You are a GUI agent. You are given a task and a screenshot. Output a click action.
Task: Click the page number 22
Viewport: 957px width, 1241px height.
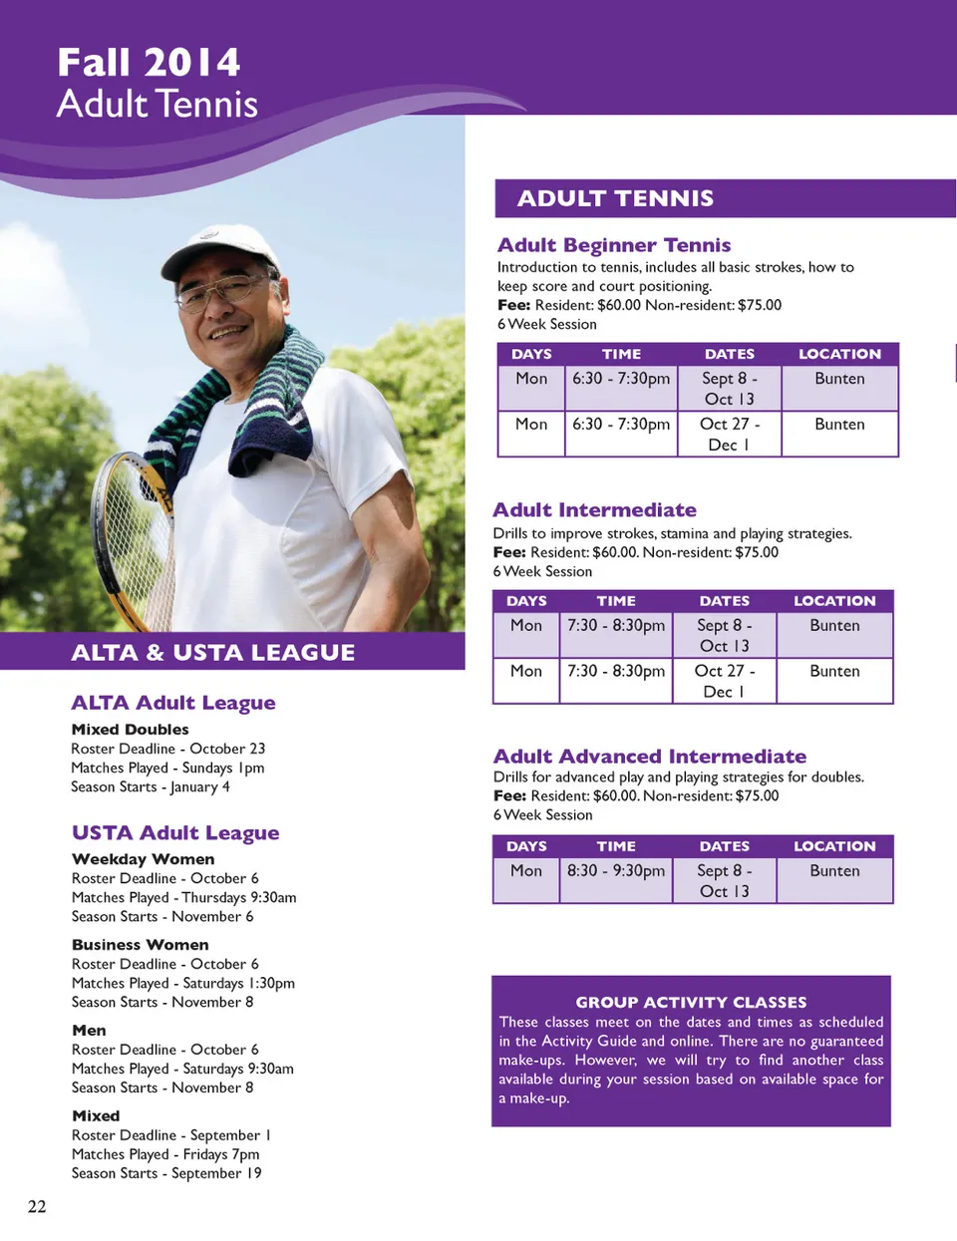[37, 1207]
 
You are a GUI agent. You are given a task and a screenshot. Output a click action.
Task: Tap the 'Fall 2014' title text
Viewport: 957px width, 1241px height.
[149, 63]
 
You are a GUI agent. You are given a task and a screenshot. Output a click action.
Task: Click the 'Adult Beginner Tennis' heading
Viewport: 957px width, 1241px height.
[614, 245]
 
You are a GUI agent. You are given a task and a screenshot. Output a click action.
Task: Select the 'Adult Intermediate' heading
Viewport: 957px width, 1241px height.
[594, 510]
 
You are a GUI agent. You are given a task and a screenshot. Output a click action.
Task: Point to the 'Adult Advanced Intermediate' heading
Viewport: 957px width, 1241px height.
[650, 757]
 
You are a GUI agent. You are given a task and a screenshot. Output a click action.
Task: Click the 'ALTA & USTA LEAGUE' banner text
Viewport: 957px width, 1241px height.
[212, 653]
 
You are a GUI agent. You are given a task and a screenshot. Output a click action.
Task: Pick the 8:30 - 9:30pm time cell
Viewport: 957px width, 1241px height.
[615, 871]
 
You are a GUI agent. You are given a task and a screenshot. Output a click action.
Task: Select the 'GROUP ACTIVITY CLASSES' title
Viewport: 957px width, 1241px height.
[691, 1003]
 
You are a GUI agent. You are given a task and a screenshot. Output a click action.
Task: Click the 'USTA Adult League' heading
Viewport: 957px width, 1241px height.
[175, 833]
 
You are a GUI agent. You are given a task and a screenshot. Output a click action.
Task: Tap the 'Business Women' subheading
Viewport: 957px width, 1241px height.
[141, 945]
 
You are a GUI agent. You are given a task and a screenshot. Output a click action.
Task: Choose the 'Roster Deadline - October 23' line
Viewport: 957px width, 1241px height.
[167, 749]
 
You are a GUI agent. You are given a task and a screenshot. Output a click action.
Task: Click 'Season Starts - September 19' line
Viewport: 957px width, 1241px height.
[166, 1173]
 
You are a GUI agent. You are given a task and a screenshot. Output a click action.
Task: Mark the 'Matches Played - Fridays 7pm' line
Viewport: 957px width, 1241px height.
[165, 1154]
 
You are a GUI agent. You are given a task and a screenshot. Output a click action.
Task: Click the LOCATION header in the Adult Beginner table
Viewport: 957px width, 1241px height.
[839, 354]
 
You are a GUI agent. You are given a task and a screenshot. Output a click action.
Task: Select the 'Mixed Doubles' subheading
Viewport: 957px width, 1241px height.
[130, 730]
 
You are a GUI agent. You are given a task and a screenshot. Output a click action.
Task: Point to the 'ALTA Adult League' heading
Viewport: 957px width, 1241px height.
[173, 703]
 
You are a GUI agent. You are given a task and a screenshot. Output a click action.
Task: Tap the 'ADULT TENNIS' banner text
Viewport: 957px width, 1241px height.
[615, 198]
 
